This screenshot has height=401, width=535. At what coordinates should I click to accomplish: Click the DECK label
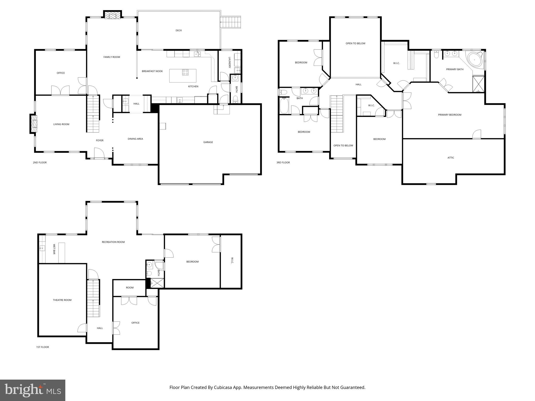[x=179, y=31]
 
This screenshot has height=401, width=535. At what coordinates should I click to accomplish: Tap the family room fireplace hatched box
[x=113, y=15]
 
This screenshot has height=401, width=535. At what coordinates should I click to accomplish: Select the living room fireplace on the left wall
[x=34, y=124]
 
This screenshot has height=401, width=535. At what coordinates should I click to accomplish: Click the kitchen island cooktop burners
[x=185, y=72]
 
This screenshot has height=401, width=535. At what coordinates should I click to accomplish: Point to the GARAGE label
[x=208, y=142]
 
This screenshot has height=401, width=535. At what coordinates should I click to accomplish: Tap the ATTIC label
[x=451, y=158]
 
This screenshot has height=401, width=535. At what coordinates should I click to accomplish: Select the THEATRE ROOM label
[x=62, y=300]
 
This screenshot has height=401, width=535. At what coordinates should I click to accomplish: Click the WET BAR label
[x=54, y=249]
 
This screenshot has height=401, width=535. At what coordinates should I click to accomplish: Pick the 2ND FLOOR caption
[x=40, y=163]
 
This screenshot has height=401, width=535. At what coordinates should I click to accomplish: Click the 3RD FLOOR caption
[x=283, y=163]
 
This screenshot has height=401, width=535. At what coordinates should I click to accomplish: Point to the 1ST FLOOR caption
[x=43, y=347]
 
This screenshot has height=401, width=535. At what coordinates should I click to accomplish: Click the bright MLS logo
[x=33, y=390]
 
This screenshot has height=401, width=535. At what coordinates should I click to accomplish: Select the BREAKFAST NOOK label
[x=152, y=71]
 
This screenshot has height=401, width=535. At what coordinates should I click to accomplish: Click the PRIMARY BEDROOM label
[x=450, y=115]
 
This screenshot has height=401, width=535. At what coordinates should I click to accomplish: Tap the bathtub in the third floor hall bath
[x=284, y=106]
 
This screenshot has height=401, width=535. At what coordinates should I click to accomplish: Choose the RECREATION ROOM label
[x=113, y=242]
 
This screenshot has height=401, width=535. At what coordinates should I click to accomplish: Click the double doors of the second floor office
[x=60, y=90]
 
